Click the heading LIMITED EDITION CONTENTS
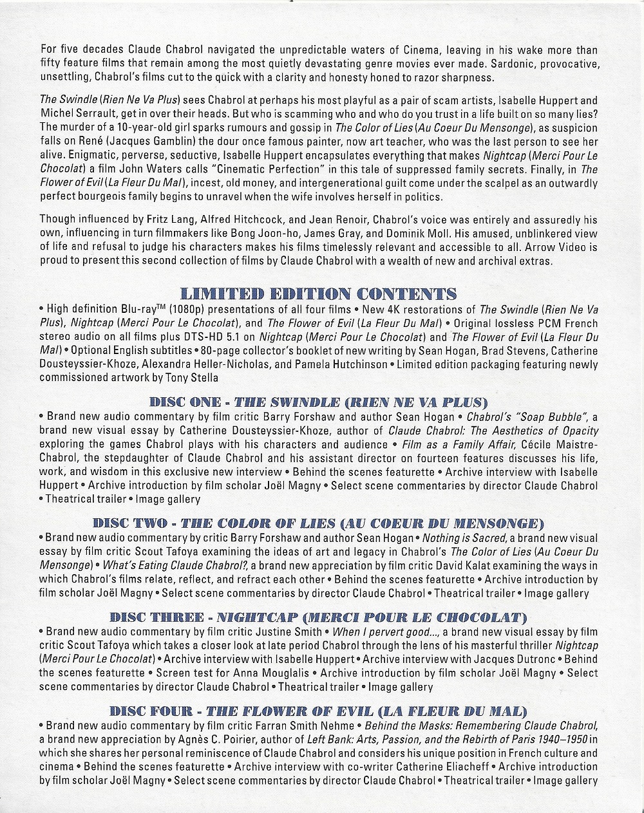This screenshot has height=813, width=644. tap(319, 294)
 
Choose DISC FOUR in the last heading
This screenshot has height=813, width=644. tap(151, 711)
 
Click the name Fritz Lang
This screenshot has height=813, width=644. tap(162, 220)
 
